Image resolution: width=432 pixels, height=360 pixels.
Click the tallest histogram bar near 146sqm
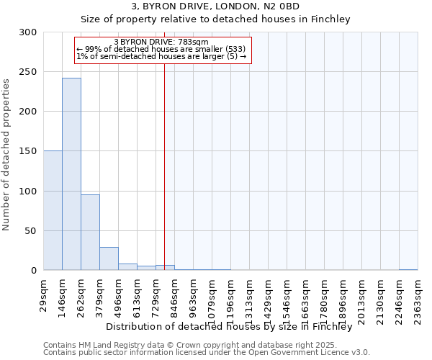(71, 174)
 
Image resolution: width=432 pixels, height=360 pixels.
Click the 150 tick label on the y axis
(29, 152)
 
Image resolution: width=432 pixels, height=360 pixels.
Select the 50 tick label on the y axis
(31, 231)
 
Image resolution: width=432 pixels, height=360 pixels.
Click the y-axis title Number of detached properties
(6, 155)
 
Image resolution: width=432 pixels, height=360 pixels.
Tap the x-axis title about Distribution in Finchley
(233, 327)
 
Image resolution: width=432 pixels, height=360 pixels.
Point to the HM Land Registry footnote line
(186, 345)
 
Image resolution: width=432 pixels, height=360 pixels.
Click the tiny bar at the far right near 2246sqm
(408, 269)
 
